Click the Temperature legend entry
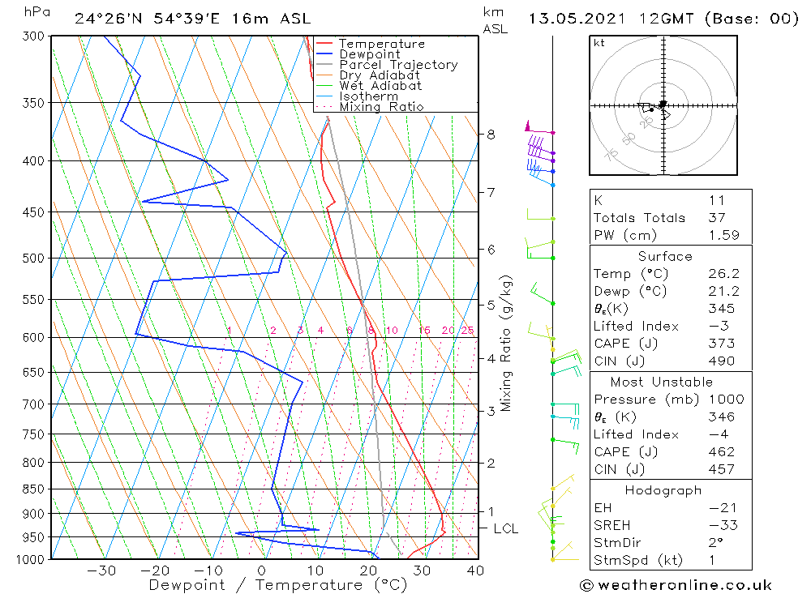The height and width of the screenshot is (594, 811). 381,44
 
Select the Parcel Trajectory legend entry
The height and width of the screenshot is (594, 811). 398,65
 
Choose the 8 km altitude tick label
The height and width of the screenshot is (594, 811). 491,134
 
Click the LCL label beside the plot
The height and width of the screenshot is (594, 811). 505,529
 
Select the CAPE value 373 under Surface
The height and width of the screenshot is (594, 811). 722,344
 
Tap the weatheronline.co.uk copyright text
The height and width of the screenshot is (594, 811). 676,585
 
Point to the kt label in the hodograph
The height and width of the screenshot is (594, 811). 599,43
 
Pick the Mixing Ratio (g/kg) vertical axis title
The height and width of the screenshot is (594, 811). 507,344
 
